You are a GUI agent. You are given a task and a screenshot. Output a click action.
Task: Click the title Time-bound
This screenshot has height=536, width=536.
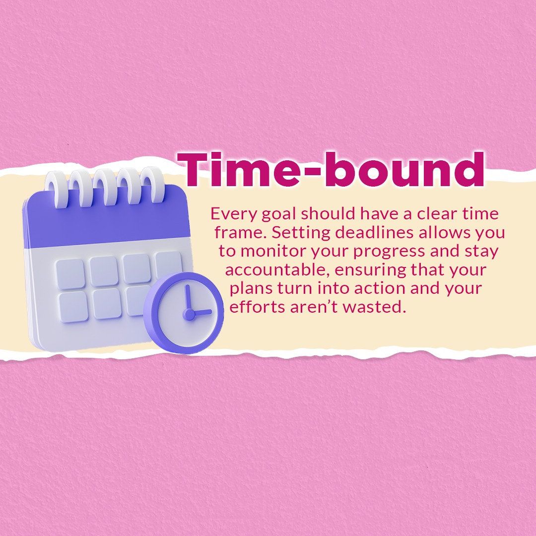click(331, 170)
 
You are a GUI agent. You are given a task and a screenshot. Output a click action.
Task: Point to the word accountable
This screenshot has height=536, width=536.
click(277, 270)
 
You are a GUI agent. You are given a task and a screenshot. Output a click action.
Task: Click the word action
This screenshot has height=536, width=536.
click(380, 288)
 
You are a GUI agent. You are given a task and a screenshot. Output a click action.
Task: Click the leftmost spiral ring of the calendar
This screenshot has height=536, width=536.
click(57, 190)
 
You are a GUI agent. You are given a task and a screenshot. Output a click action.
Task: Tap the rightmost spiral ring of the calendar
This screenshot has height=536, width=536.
click(152, 185)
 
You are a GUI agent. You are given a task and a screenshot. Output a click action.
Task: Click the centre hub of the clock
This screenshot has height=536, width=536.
click(189, 314)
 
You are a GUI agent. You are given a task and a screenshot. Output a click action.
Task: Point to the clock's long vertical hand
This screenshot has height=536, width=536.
click(187, 298)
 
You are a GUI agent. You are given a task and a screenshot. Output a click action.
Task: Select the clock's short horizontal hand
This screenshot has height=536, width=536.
click(201, 312)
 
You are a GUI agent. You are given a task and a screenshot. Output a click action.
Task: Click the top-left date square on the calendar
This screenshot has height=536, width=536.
click(70, 274)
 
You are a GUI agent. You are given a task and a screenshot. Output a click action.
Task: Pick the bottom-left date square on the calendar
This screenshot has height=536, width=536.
click(73, 307)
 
